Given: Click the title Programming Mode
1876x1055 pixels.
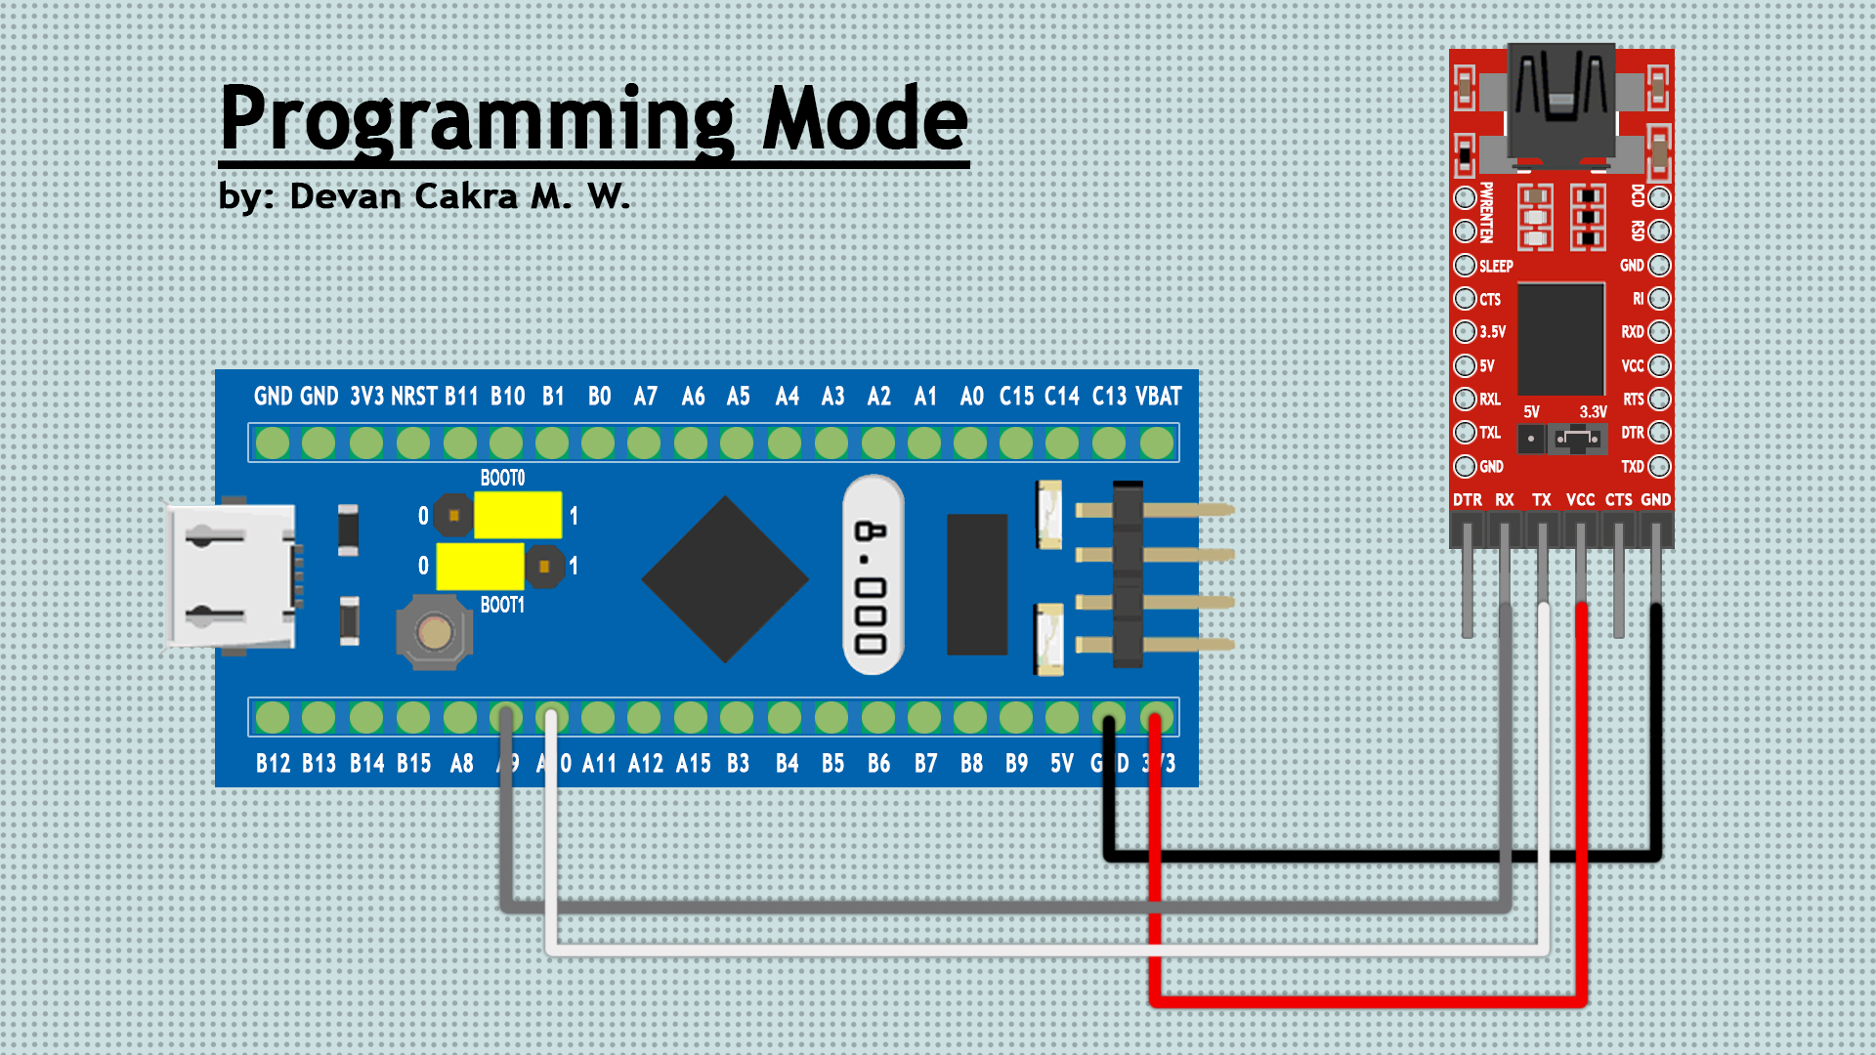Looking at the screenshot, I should coord(593,119).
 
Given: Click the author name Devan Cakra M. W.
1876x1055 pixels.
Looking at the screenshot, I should coord(459,196).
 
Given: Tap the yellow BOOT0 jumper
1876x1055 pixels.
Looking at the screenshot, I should coord(517,515).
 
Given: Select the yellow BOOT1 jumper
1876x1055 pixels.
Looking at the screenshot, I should coord(480,566).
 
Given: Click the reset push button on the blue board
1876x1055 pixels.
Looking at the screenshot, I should coord(434,633).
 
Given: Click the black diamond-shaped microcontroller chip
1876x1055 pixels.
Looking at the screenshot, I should coord(725,578).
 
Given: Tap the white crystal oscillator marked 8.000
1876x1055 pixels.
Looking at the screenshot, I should coord(872,575).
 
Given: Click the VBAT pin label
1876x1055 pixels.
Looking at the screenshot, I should coord(1158,397).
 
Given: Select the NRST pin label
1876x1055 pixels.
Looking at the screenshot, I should coord(413,397).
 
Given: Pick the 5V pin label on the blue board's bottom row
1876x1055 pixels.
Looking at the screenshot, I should coord(1062,764).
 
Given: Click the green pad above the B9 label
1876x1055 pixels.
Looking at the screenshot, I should coord(1016,718).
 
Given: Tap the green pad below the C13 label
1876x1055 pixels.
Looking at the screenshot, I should coord(1109,443).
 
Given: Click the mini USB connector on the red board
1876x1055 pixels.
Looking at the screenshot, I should coord(1560,103).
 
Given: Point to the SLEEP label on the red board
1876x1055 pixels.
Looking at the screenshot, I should coord(1495,266).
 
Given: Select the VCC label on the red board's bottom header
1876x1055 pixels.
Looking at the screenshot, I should coord(1580,500).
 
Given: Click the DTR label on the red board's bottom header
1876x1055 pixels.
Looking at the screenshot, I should coord(1467,500).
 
